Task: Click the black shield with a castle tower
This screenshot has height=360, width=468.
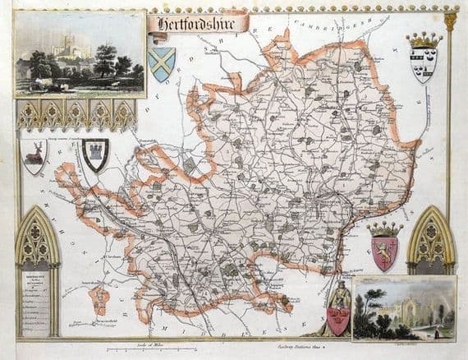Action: tap(96, 154)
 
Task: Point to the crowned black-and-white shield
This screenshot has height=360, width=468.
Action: tap(424, 59)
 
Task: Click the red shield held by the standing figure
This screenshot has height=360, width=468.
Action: tap(337, 319)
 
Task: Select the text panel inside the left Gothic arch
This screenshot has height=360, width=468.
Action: tap(37, 300)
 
